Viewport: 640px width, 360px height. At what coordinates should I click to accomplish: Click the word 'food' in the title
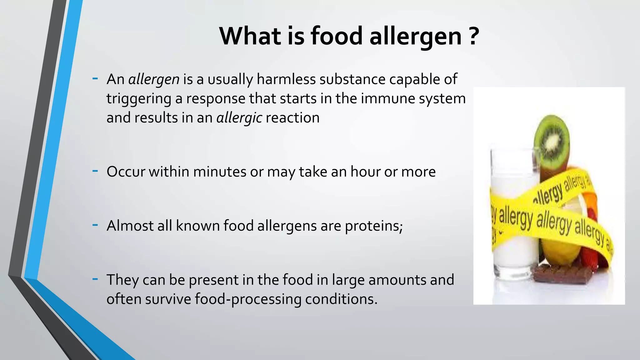coord(337,36)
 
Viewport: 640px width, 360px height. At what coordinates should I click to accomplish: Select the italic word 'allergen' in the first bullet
coord(154,79)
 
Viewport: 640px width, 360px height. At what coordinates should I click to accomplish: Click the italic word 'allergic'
coord(239,118)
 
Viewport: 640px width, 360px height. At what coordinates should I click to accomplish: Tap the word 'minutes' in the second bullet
coord(220,172)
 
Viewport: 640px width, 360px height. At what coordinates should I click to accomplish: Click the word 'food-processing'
coord(248,299)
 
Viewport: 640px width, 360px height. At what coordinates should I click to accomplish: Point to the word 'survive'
coord(168,299)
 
